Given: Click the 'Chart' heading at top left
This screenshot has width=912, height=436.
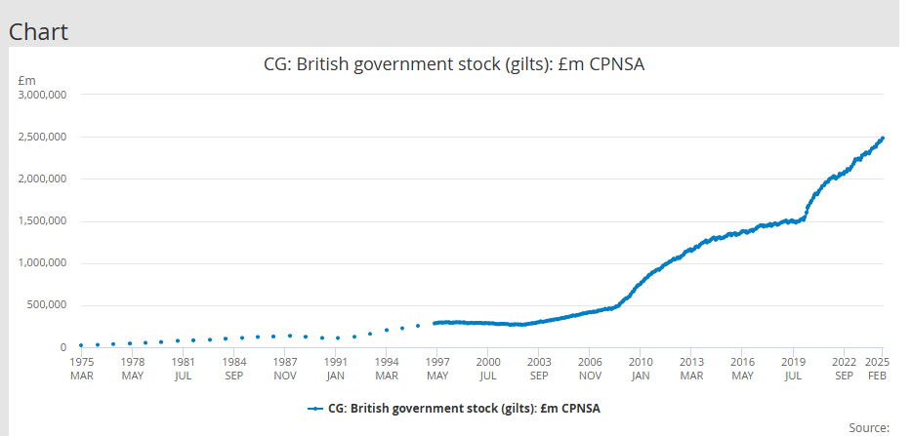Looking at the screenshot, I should click(x=39, y=31).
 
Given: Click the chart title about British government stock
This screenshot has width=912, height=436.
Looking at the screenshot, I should click(x=456, y=65).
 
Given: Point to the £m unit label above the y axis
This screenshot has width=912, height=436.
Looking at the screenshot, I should click(x=27, y=80).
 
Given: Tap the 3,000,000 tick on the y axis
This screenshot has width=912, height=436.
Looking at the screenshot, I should click(x=43, y=96).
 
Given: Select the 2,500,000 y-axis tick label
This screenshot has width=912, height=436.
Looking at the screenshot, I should click(x=43, y=138).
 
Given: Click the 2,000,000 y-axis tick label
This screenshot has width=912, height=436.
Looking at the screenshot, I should click(x=43, y=179).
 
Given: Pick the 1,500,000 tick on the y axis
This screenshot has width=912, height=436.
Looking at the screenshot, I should click(x=43, y=221).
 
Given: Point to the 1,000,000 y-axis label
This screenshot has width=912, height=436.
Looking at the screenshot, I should click(x=43, y=263).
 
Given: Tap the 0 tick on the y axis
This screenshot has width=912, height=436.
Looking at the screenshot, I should click(x=62, y=347).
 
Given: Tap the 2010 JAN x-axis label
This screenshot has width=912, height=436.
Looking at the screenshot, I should click(x=640, y=368).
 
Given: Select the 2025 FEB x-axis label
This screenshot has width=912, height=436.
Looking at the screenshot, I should click(x=877, y=368).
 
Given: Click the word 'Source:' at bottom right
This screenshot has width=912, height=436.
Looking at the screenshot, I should click(x=869, y=427).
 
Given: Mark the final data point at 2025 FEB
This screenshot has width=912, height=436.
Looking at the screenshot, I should click(x=882, y=139).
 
